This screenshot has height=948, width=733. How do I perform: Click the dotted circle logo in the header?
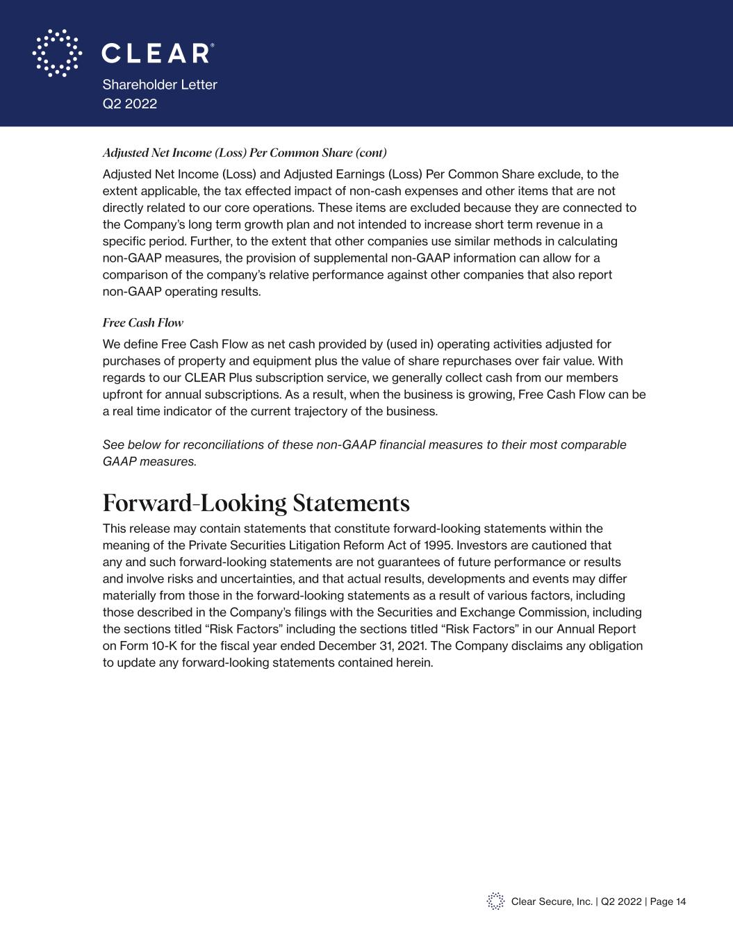[57, 53]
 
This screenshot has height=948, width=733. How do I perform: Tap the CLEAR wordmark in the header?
[157, 53]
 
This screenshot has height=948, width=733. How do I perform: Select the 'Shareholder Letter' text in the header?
[160, 85]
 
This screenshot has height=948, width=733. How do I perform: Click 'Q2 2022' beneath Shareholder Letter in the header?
[130, 104]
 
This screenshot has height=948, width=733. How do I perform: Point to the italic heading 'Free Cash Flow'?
[143, 323]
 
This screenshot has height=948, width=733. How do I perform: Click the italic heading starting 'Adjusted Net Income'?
[245, 153]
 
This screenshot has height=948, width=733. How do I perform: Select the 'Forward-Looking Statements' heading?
[256, 502]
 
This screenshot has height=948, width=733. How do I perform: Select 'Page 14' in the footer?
[668, 901]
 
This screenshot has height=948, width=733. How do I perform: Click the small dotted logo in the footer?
[495, 901]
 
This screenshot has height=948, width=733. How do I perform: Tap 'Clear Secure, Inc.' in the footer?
[552, 901]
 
